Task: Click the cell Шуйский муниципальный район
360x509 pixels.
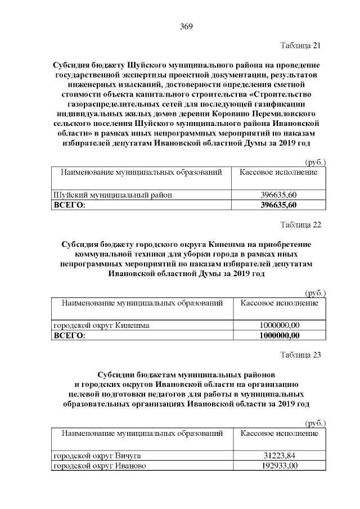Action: [x=112, y=195]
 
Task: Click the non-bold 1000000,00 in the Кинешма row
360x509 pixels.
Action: [x=279, y=326]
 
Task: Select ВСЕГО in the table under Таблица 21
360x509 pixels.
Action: [x=69, y=205]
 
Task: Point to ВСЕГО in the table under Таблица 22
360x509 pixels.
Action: [x=69, y=336]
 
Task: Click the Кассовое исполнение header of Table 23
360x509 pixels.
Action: [x=279, y=434]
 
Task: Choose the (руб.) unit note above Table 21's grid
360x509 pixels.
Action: [x=315, y=163]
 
